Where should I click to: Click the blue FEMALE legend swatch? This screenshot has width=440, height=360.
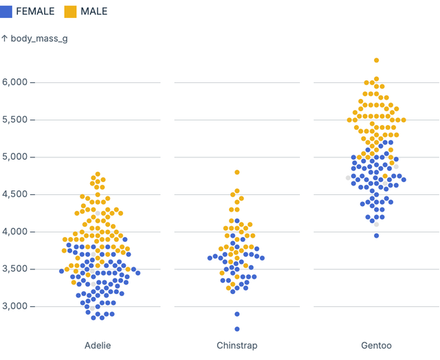[x=6, y=12]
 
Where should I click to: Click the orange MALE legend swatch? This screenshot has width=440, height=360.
[x=70, y=12]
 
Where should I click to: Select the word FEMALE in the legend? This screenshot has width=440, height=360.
[x=35, y=12]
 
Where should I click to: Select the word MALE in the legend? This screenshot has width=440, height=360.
[x=94, y=12]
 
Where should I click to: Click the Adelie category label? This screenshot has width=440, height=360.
[x=98, y=345]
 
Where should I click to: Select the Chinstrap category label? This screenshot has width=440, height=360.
[x=237, y=345]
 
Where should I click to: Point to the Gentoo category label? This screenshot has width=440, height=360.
[x=376, y=345]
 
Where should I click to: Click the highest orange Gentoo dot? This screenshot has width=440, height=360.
[x=376, y=60]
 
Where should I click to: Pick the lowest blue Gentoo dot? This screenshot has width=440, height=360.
[x=376, y=236]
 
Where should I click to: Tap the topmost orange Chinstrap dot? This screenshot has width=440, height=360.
[x=237, y=172]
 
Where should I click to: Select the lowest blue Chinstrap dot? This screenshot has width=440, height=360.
[x=237, y=329]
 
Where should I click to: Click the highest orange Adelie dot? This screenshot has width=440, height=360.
[x=98, y=175]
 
